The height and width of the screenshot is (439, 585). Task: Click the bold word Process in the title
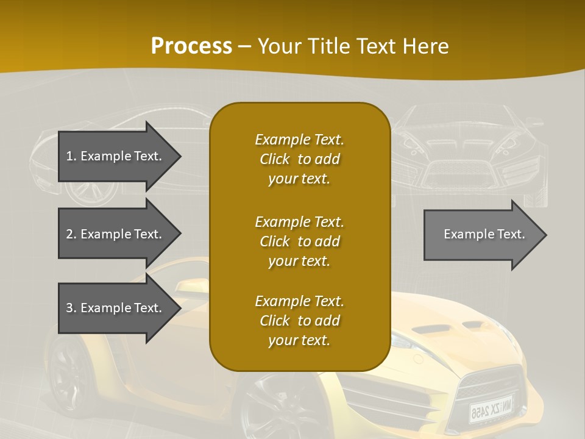point(191,46)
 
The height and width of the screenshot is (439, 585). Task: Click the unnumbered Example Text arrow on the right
point(484,234)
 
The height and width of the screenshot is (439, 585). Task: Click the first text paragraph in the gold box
point(299,159)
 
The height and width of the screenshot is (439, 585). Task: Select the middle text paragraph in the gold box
point(299,241)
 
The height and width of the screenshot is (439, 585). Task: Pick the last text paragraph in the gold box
point(299,321)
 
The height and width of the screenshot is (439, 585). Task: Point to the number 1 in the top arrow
point(69,156)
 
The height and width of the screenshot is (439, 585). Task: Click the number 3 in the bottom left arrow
point(69,308)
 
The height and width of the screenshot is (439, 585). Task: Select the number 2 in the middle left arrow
point(69,234)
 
